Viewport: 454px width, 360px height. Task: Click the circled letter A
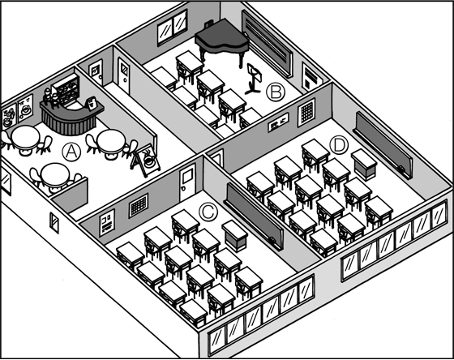click(71, 152)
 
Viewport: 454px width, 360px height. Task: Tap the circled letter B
click(276, 92)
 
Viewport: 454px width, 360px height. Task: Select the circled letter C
click(208, 212)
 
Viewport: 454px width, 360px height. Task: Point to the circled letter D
click(339, 145)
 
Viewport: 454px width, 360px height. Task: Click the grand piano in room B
click(222, 41)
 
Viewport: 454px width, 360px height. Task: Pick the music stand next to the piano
click(254, 79)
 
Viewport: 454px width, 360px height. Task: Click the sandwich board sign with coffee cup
click(146, 161)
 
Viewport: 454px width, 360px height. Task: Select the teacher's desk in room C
click(235, 236)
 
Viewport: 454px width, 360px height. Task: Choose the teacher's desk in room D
click(364, 165)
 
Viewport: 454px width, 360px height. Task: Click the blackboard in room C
click(254, 216)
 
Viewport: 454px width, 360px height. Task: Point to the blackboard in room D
click(383, 145)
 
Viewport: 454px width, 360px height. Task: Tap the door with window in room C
click(187, 182)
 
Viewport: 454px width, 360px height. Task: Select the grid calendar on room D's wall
click(306, 113)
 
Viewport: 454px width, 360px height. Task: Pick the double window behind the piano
click(172, 28)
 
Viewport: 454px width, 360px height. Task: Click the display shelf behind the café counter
click(66, 89)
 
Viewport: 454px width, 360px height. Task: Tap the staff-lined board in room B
click(267, 44)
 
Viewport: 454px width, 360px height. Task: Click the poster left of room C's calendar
click(107, 222)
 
